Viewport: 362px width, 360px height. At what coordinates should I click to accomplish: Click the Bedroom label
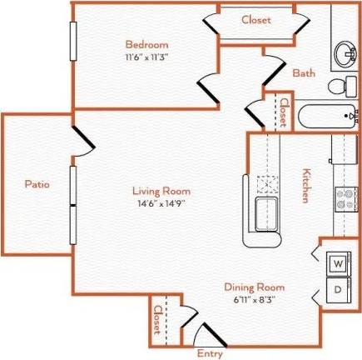tap(146, 43)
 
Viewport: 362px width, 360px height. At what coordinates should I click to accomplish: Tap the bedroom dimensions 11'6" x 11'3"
tap(146, 57)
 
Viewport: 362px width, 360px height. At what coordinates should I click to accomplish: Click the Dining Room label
tap(255, 287)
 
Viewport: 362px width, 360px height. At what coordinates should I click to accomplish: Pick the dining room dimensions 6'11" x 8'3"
tap(255, 298)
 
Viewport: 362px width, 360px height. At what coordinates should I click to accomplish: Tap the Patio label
tap(35, 183)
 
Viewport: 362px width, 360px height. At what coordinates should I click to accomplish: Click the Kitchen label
tap(305, 185)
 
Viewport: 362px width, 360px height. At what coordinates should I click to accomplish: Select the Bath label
tap(303, 72)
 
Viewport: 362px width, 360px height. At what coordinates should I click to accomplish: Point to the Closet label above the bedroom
tap(256, 20)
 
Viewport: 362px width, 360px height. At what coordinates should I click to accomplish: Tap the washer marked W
tap(338, 264)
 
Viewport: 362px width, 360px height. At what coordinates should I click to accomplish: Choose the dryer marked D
tap(338, 290)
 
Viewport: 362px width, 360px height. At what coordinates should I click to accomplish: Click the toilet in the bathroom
tap(336, 86)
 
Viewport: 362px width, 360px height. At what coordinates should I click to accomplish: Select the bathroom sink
tap(343, 55)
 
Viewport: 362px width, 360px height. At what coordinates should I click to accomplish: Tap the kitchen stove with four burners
tap(345, 198)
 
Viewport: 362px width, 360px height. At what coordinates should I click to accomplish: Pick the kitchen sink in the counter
tap(267, 208)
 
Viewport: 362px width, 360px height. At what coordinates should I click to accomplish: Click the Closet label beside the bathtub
tap(283, 112)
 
